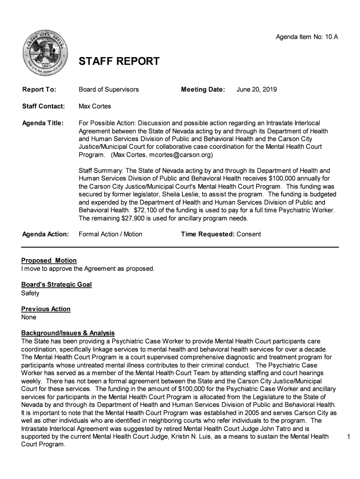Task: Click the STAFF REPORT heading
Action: (119, 61)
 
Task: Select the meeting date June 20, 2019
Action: (257, 89)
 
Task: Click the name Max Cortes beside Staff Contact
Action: (95, 106)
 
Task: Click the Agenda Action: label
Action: (45, 234)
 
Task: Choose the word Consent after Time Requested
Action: (249, 234)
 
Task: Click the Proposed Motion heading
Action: (49, 260)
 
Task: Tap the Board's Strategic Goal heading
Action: (57, 284)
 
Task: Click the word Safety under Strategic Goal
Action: (30, 293)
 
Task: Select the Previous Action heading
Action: (46, 309)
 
